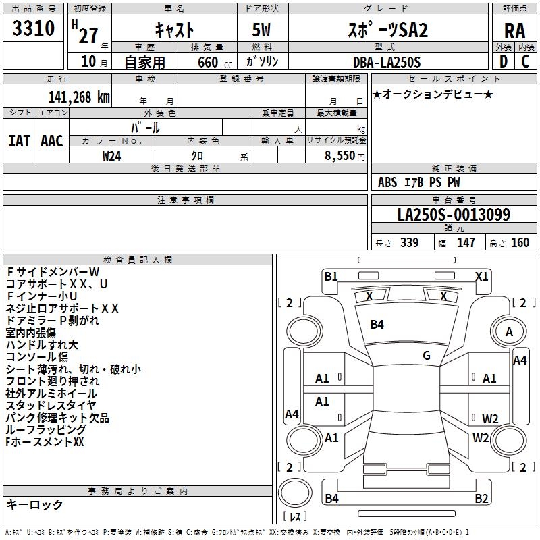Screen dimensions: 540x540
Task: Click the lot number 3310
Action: (34, 29)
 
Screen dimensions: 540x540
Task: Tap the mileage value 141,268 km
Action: (79, 97)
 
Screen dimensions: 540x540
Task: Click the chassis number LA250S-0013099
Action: (453, 215)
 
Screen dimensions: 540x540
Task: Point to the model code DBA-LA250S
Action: (386, 62)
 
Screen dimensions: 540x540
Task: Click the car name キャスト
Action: (174, 30)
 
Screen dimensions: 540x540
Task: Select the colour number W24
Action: (112, 155)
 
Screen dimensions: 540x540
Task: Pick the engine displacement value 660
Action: (207, 62)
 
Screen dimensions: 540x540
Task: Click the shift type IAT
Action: (19, 140)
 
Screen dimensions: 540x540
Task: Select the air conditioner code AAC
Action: (51, 140)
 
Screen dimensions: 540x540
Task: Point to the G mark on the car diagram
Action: (427, 355)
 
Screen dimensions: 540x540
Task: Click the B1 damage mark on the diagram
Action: (331, 276)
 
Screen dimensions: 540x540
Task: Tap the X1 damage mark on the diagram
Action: (481, 276)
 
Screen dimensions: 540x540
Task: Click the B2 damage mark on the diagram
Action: (481, 499)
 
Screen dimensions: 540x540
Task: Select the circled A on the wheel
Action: (510, 332)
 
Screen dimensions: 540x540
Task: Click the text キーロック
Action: (34, 504)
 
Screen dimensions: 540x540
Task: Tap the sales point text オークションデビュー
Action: (432, 94)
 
